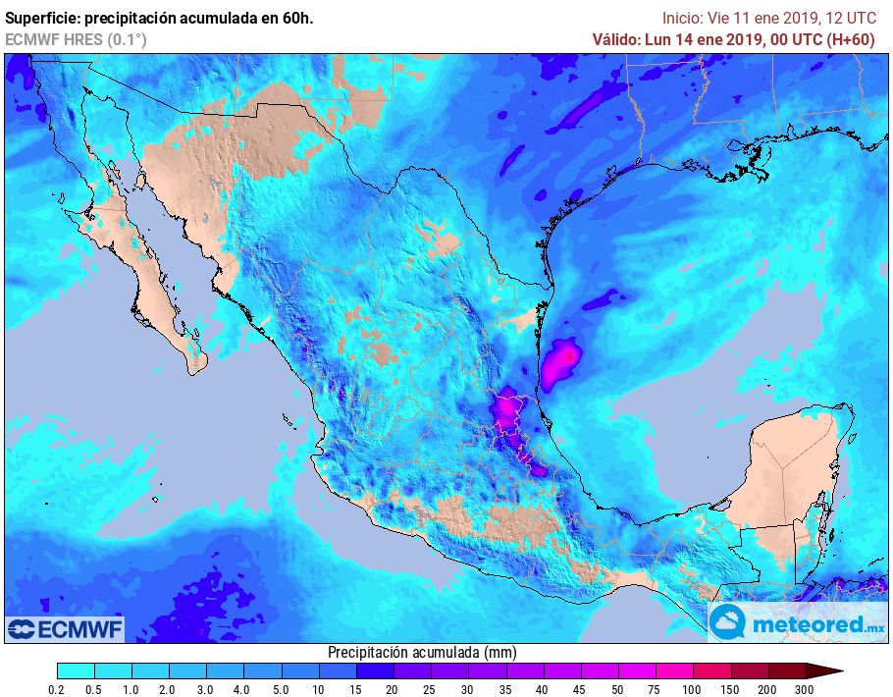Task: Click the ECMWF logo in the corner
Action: click(x=65, y=627)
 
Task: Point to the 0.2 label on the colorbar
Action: click(x=57, y=691)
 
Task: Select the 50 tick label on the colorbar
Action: click(x=617, y=691)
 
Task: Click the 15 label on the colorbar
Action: click(x=355, y=691)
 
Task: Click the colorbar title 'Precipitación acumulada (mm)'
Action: click(x=422, y=652)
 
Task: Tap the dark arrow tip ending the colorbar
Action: click(x=829, y=670)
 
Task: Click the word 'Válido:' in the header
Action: click(x=615, y=39)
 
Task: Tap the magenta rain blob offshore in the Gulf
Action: click(x=560, y=360)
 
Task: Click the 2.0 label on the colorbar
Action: click(x=169, y=691)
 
